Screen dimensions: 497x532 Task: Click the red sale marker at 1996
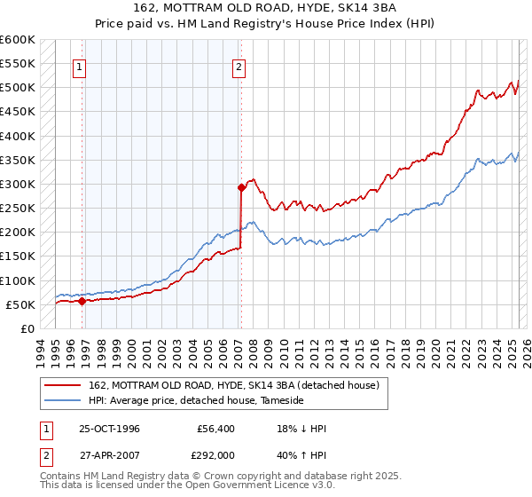pos(82,301)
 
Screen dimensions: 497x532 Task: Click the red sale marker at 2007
pos(240,187)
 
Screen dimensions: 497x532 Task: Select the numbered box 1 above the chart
pos(80,65)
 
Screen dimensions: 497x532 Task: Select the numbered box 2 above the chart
pos(239,65)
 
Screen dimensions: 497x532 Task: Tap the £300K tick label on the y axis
pos(18,185)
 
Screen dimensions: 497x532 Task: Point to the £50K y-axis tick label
pos(20,305)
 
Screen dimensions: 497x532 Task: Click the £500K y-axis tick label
pos(18,88)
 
